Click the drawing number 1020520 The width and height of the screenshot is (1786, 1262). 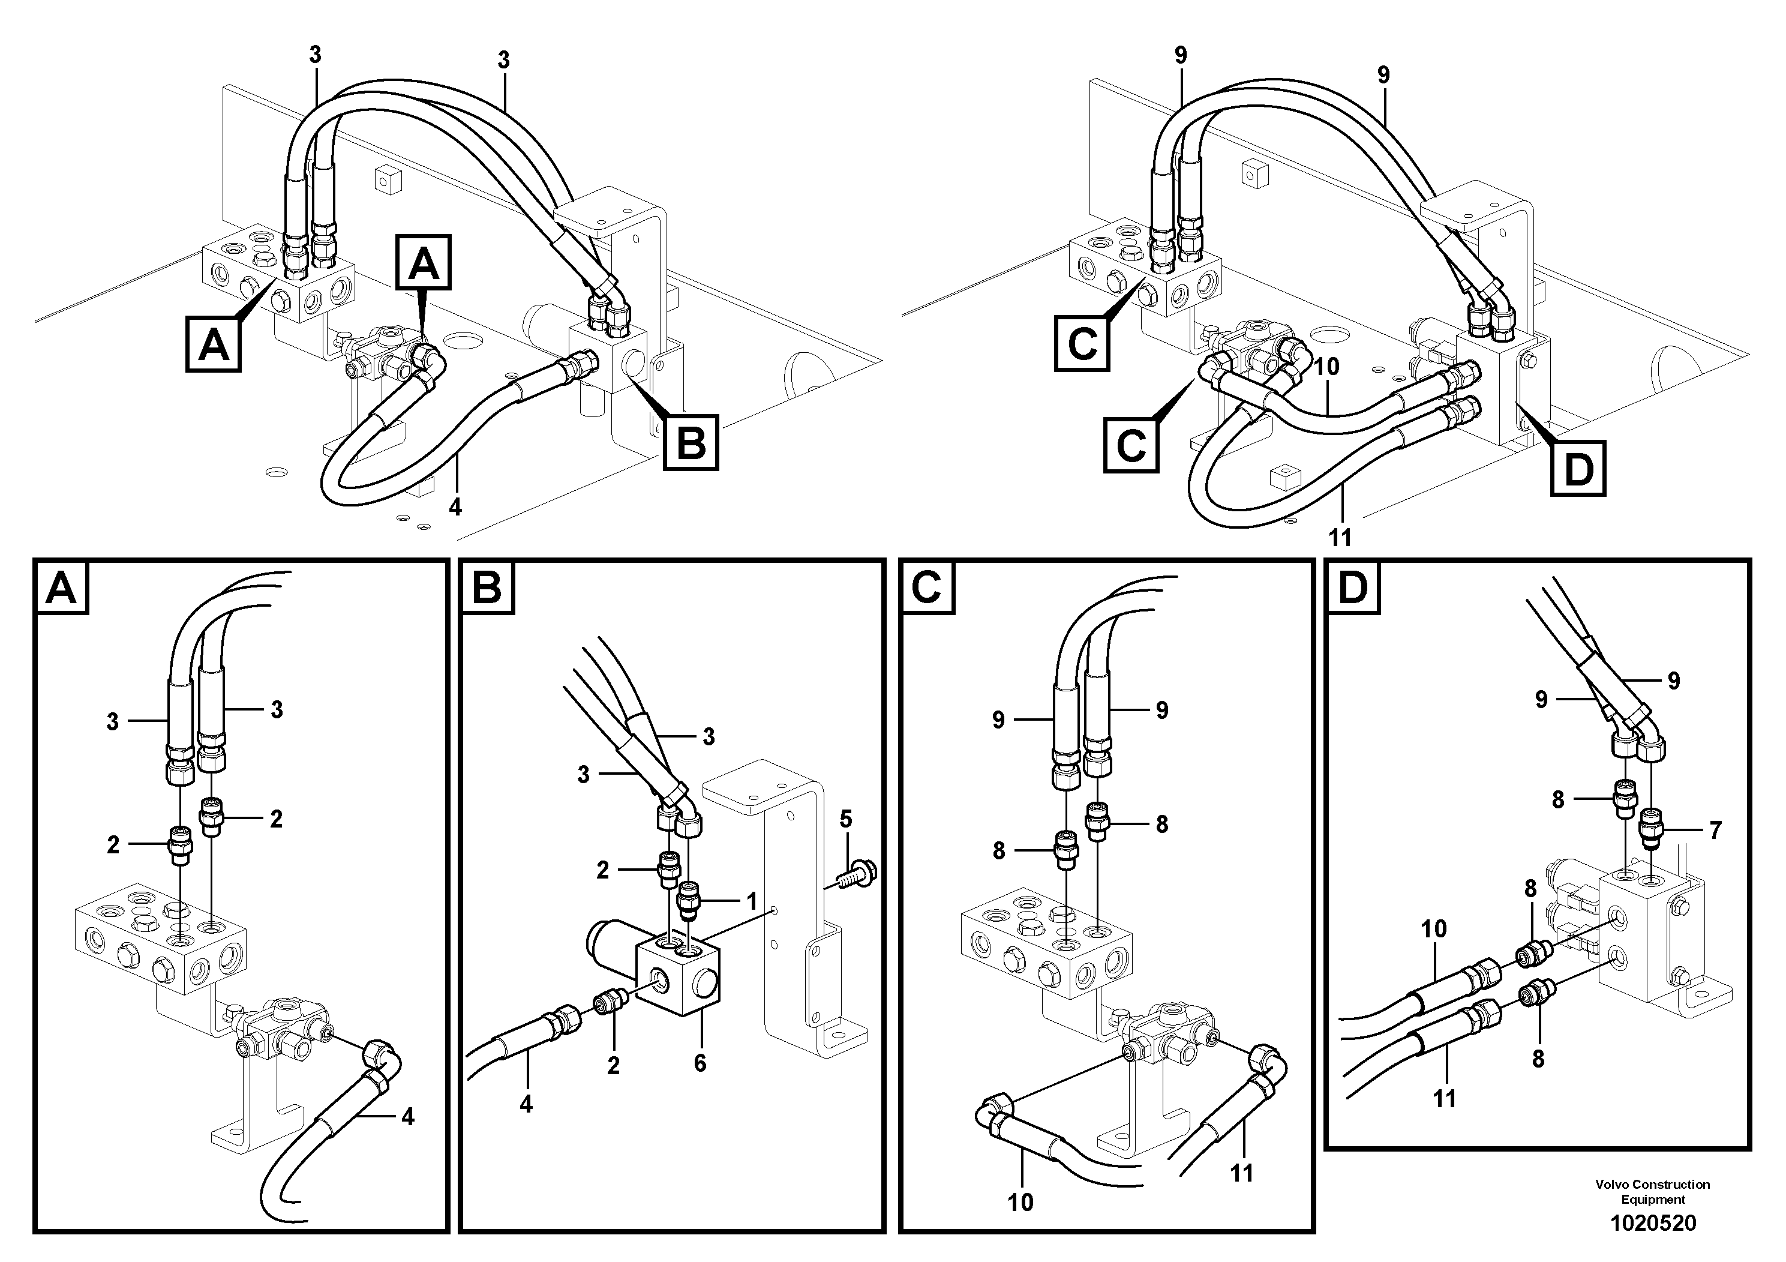click(1652, 1224)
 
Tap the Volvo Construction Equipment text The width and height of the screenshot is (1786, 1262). click(1652, 1192)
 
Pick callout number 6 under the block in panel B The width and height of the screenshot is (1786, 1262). click(700, 1063)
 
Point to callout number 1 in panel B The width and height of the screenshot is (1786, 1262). click(752, 902)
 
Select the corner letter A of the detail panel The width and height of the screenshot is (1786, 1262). click(61, 588)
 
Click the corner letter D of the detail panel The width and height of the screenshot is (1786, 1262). click(1353, 588)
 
